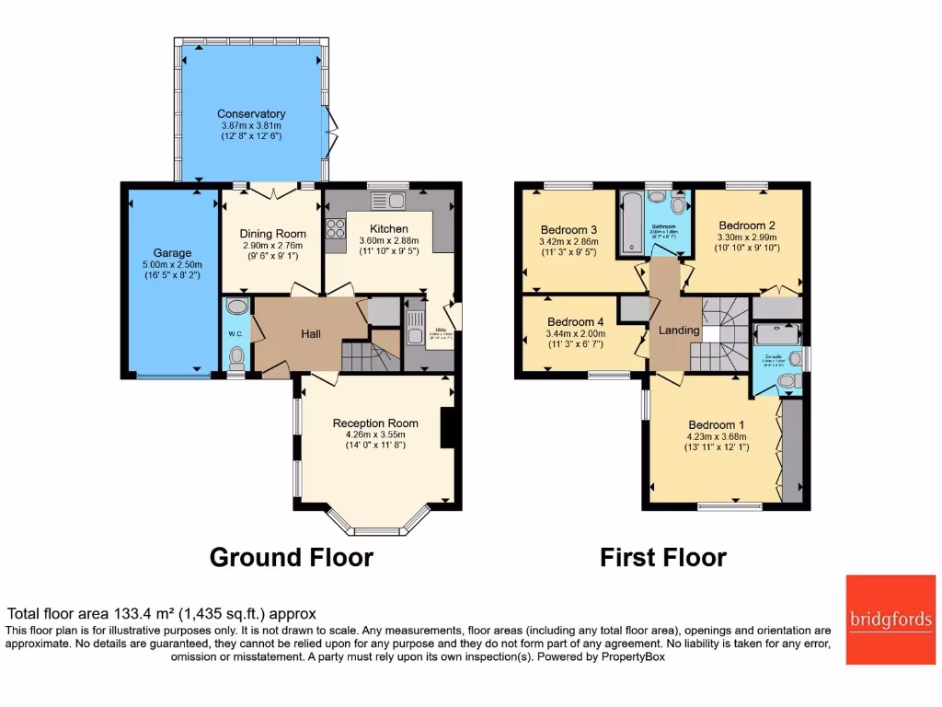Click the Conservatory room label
click(x=251, y=114)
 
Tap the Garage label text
click(x=172, y=252)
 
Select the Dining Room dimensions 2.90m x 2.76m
click(x=271, y=247)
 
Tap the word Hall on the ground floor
click(x=310, y=334)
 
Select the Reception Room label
click(x=375, y=423)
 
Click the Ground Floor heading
click(x=291, y=558)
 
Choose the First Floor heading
click(x=662, y=558)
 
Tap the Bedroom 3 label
click(x=569, y=229)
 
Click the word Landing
click(x=678, y=330)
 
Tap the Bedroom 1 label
click(x=718, y=425)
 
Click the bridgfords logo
click(x=890, y=620)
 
